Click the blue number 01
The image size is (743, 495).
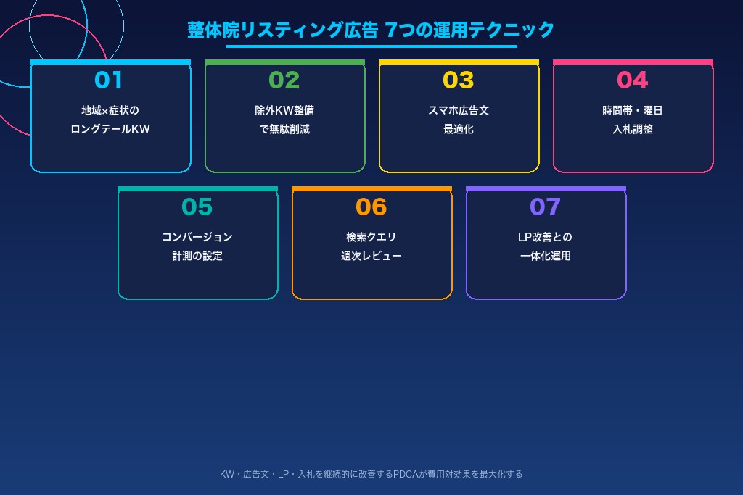[109, 80]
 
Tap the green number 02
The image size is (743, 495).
[284, 80]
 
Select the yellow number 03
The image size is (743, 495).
[458, 80]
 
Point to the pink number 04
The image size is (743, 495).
[632, 80]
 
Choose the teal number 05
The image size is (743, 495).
[197, 207]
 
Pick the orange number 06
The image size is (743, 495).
[371, 207]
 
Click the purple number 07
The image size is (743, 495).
[545, 207]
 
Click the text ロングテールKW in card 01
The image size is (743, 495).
[110, 130]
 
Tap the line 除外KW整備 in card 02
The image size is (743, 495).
[284, 111]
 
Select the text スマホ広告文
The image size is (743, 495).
[459, 111]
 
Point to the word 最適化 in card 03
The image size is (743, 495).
[459, 130]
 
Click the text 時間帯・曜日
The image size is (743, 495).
[633, 111]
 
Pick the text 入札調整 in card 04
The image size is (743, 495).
[633, 130]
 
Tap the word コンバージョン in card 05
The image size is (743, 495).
[197, 237]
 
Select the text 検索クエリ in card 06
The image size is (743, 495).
[371, 237]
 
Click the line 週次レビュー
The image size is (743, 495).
[371, 256]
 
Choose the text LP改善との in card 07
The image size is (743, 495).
[546, 237]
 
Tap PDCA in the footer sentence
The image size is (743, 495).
[404, 474]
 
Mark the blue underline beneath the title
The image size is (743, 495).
[371, 46]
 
